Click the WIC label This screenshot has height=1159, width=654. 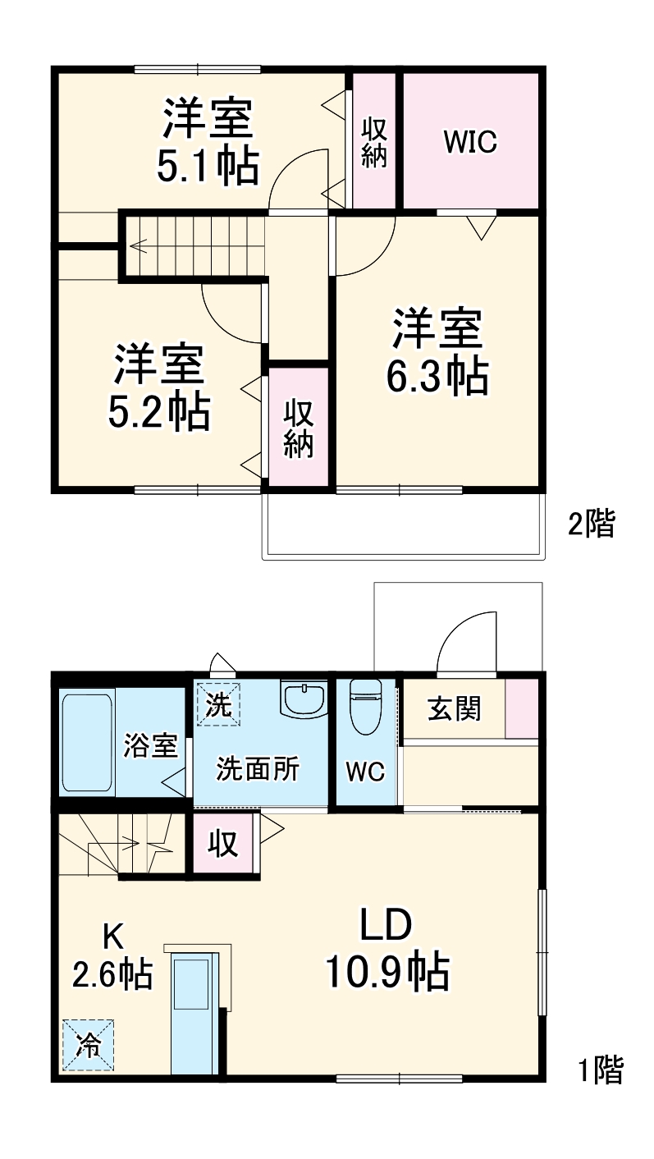point(470,141)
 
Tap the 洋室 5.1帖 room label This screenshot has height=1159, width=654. point(208,141)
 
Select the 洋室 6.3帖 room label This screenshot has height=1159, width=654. point(437,350)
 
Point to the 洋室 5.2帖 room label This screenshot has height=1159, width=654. point(159,387)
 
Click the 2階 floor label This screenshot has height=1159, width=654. point(591,524)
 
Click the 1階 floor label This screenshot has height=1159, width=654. point(601,1070)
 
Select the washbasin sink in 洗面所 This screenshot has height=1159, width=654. point(304,699)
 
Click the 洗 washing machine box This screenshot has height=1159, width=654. point(218,705)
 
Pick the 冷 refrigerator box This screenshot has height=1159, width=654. point(88,1045)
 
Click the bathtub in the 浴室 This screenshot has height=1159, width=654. point(86,743)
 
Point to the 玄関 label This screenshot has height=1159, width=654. point(454,708)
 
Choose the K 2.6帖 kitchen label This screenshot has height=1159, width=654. point(112,956)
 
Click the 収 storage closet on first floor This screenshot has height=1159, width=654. point(222,843)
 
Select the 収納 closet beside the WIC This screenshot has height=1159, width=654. point(374,141)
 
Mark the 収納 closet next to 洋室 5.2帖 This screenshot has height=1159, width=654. point(299,428)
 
